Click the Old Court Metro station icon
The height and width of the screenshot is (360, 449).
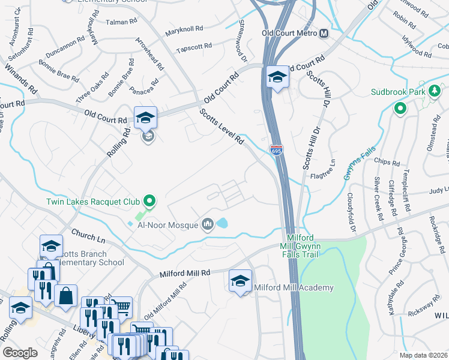(324, 34)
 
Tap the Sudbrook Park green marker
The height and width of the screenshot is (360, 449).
(400, 109)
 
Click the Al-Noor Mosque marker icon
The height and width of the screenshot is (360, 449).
(208, 224)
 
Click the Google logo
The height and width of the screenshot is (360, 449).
(20, 353)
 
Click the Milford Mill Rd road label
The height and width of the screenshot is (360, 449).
(184, 273)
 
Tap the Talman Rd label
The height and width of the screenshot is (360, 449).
(122, 22)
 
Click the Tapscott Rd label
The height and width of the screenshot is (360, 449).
(194, 46)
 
